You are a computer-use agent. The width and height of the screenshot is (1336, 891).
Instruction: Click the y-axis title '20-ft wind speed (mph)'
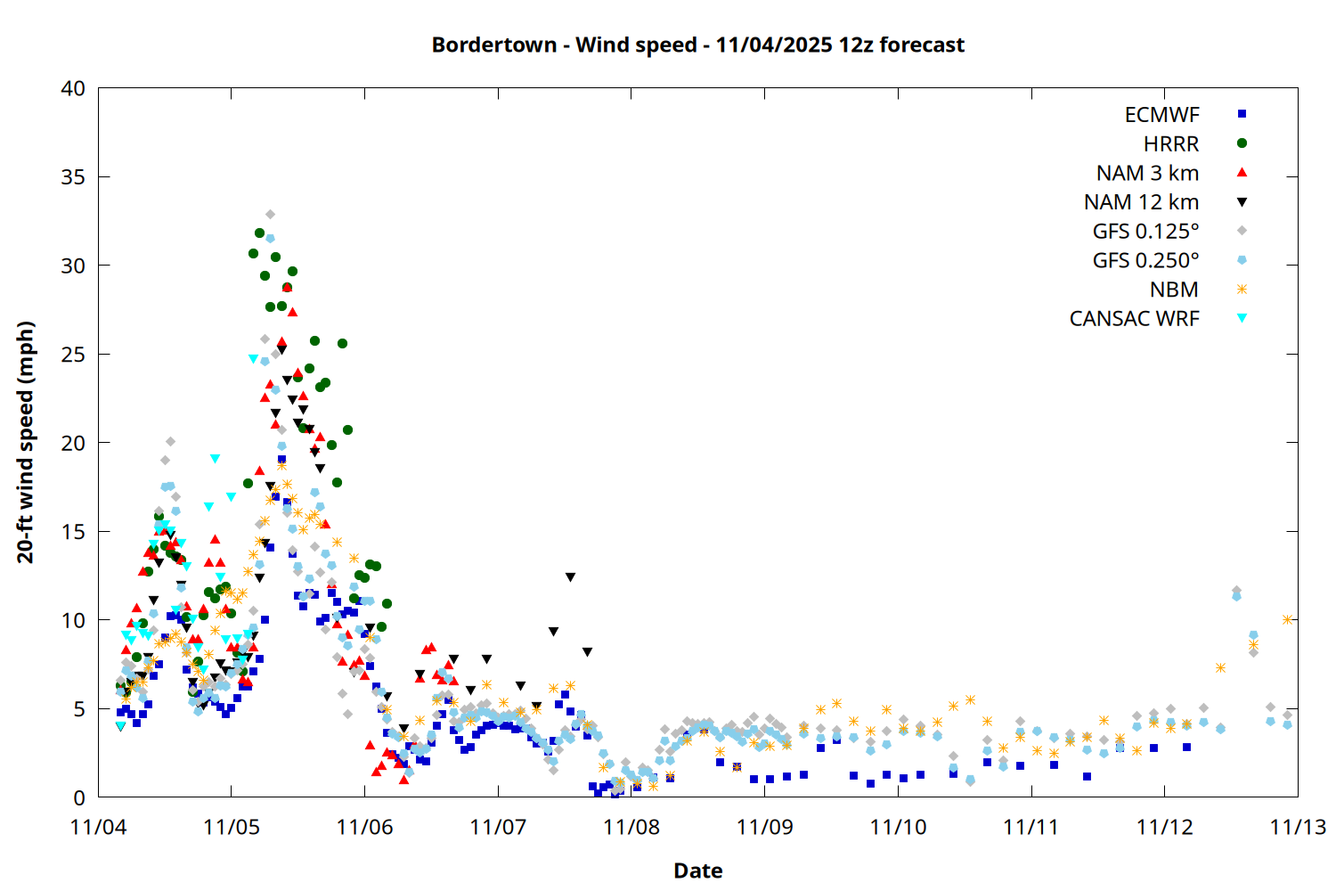click(x=26, y=442)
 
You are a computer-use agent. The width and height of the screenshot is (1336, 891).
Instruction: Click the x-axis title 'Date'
click(x=697, y=871)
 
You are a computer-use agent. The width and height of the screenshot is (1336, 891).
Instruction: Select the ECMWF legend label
click(x=1161, y=115)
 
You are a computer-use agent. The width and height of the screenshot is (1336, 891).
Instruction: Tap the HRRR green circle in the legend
click(x=1242, y=143)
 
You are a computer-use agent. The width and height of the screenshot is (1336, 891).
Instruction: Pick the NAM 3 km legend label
click(x=1147, y=173)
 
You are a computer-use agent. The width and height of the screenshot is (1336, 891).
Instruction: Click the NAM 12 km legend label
click(x=1141, y=202)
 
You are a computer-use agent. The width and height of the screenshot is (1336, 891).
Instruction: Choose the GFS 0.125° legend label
click(x=1145, y=232)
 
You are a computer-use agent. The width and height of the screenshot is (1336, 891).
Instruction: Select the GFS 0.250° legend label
click(x=1145, y=260)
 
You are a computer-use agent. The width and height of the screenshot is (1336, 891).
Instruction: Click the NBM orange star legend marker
click(x=1242, y=290)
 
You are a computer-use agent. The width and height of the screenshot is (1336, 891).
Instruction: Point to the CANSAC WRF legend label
click(x=1134, y=319)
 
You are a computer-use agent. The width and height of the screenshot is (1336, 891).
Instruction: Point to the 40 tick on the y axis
click(x=73, y=88)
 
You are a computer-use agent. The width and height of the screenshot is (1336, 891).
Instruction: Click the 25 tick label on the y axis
click(x=73, y=355)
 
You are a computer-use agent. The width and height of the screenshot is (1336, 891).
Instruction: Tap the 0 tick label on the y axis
click(x=79, y=797)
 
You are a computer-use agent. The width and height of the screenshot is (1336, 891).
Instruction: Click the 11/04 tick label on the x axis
click(x=98, y=827)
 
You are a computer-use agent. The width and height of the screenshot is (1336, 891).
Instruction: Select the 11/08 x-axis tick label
click(x=631, y=827)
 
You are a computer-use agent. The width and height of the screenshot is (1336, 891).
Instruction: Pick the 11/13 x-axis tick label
click(x=1298, y=827)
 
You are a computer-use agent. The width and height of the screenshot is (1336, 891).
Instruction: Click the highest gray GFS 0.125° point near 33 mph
click(x=270, y=215)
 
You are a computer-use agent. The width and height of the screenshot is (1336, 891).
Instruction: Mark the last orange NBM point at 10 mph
click(x=1287, y=619)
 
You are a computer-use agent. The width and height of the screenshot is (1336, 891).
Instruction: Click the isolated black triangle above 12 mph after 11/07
click(x=570, y=577)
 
